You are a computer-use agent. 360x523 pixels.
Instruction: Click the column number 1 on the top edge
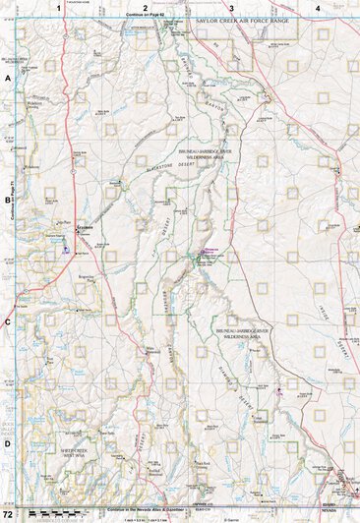click(59, 8)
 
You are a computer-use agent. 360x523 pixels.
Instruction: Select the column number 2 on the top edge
click(145, 8)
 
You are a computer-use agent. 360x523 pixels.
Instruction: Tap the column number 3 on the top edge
click(231, 8)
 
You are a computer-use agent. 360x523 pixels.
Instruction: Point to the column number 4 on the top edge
click(317, 8)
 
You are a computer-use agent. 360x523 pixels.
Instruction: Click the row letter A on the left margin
click(8, 76)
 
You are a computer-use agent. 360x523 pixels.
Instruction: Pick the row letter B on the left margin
click(8, 198)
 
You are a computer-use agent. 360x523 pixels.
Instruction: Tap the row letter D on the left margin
click(8, 442)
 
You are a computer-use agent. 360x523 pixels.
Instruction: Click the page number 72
click(8, 515)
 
